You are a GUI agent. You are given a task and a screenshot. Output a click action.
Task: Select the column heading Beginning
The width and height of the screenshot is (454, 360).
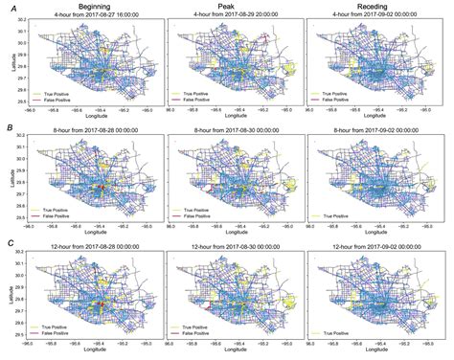tap(93, 6)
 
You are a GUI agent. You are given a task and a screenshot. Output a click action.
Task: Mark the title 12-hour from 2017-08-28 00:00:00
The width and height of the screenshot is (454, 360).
tap(93, 249)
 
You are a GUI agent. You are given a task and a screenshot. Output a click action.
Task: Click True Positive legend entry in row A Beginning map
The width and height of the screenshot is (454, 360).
tap(55, 94)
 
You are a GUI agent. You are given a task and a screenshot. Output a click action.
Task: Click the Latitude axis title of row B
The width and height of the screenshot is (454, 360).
tap(8, 179)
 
